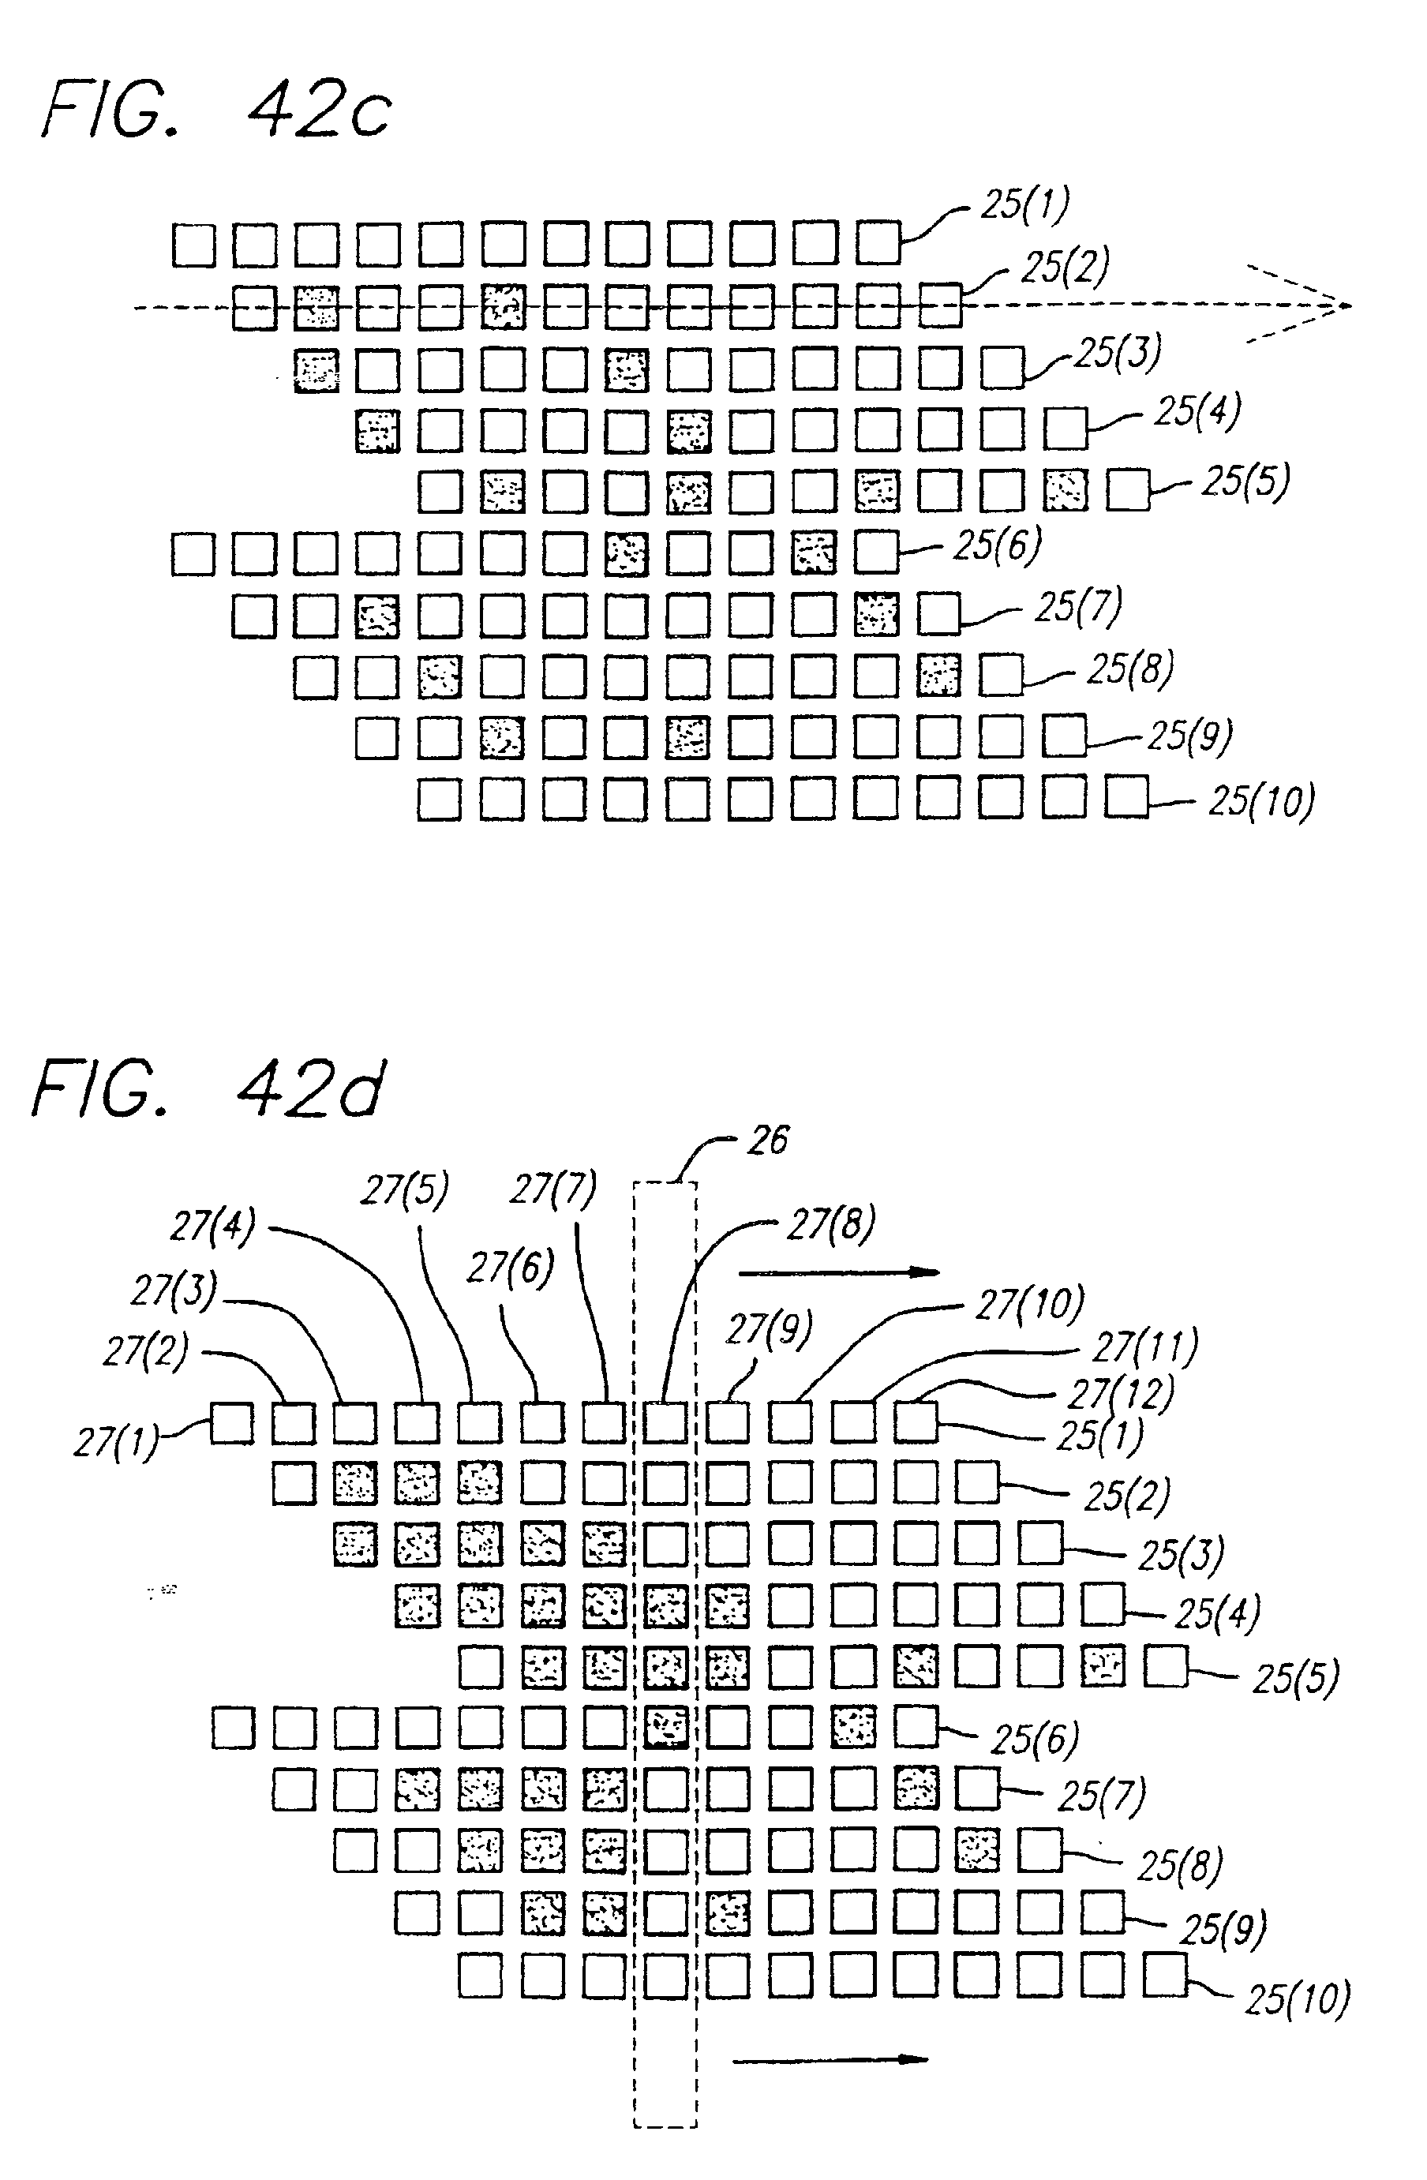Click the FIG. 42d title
pos(209,1090)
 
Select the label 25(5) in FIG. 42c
pos(1245,481)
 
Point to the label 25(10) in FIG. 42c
pos(1261,800)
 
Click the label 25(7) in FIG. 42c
pos(1077,606)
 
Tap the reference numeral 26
pos(767,1141)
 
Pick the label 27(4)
pos(212,1227)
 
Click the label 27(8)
pos(830,1223)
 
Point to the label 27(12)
pos(1120,1393)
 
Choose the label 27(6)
pos(510,1268)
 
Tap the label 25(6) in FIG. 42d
pos(1034,1737)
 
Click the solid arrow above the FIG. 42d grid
pos(838,1272)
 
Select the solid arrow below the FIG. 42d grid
pos(830,2060)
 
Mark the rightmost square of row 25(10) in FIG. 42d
pos(1165,1975)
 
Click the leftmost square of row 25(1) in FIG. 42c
pos(194,245)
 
